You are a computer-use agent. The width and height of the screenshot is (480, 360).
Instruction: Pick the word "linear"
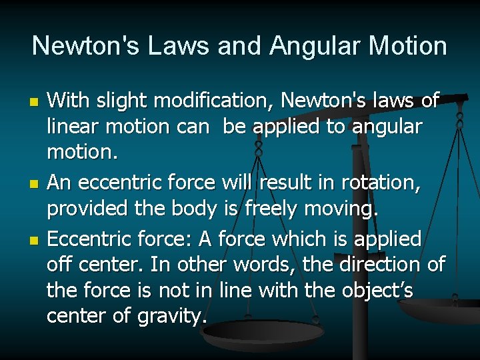pyautogui.click(x=69, y=127)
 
